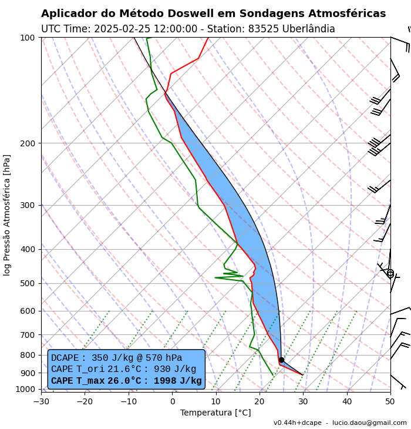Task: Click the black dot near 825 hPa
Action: pos(281,360)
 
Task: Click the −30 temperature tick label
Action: pos(41,402)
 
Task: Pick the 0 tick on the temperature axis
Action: pos(172,402)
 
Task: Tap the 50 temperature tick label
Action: pos(390,402)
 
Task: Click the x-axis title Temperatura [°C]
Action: pos(215,413)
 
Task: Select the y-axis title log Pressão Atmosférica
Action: pos(7,215)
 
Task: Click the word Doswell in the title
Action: pos(179,14)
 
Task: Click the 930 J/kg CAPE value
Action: pos(176,369)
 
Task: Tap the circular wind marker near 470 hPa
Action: pos(390,273)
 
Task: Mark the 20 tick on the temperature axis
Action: pos(260,402)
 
